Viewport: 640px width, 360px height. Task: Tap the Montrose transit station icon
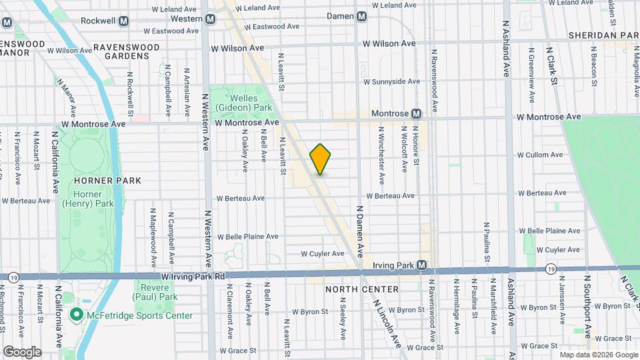416,114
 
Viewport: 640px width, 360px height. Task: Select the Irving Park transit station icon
421,265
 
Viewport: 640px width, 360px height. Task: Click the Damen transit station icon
361,16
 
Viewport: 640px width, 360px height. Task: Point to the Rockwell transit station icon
123,21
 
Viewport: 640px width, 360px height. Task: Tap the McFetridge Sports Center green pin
77,315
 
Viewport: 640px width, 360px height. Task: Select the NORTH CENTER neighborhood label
362,289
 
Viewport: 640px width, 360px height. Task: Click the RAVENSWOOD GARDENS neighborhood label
127,52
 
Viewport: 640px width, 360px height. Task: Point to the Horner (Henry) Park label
81,198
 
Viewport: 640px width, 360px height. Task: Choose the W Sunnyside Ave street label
391,81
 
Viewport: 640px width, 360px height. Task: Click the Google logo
21,351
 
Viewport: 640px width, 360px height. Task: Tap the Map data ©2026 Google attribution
598,355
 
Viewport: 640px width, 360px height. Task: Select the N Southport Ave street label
587,306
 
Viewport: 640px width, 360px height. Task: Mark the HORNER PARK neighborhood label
108,180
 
